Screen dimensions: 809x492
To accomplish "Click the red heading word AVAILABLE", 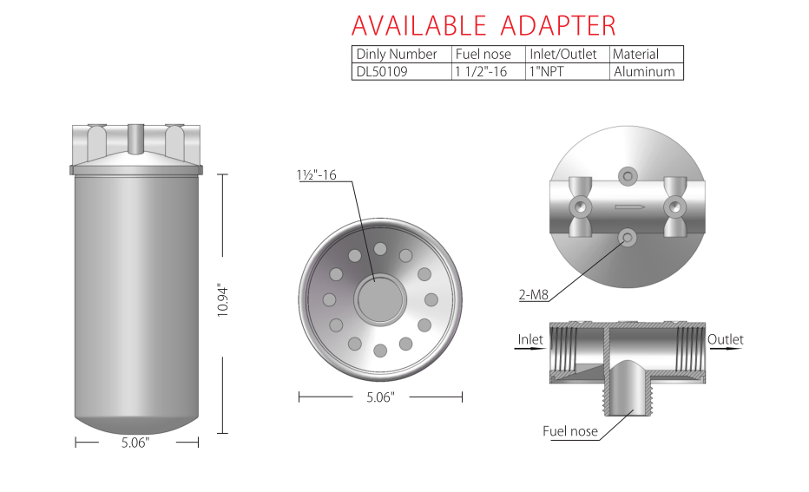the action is pos(418,25).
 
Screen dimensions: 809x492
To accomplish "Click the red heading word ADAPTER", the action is pos(558,25).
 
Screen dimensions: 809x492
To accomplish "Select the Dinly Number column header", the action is pos(396,54).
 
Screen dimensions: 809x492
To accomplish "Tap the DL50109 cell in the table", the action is pos(382,72).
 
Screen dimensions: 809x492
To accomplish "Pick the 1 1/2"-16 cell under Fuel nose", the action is pos(481,72).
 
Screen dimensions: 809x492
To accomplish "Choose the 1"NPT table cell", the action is pos(546,72).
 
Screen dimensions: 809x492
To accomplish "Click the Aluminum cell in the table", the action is pos(644,72).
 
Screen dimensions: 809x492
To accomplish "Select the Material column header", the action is pos(635,54).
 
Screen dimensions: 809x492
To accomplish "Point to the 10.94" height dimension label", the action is pos(222,300).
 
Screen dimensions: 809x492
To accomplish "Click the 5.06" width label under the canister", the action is pos(135,443).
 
